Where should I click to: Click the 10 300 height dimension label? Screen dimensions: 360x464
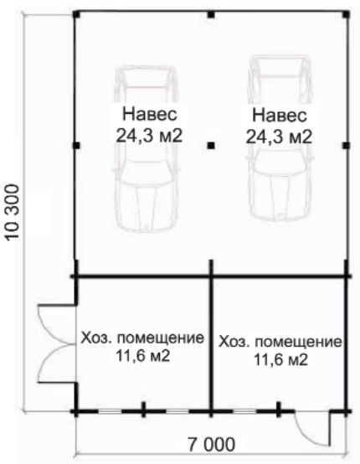(x=13, y=212)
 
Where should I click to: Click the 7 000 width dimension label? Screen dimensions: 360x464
(x=212, y=444)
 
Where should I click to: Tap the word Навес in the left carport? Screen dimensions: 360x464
(x=150, y=114)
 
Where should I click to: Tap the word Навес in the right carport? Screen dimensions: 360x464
(x=280, y=116)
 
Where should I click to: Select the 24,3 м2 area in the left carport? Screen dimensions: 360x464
(x=149, y=136)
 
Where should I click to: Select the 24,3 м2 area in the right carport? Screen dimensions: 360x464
(x=279, y=137)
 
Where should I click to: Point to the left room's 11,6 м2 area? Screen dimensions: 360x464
(x=142, y=356)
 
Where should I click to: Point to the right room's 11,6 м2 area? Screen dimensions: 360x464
(x=281, y=360)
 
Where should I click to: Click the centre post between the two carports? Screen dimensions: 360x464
(x=211, y=145)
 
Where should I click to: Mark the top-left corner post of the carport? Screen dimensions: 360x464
(x=76, y=14)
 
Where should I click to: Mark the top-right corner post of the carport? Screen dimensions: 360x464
(x=347, y=14)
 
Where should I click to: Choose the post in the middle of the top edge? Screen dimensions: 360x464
(x=211, y=14)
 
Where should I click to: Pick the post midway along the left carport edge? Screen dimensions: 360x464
(x=76, y=145)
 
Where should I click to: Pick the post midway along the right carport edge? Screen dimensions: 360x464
(x=347, y=145)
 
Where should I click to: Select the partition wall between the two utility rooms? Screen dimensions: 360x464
(x=211, y=344)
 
